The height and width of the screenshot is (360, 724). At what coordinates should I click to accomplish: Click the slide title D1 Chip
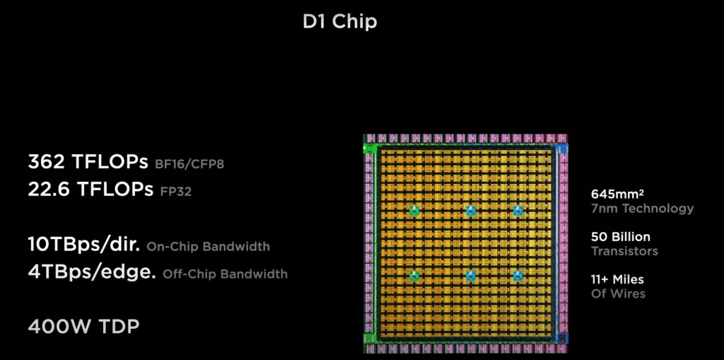pos(340,22)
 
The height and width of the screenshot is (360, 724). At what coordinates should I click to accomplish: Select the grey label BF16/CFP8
pos(189,164)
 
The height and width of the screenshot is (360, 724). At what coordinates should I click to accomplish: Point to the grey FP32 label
pos(175,192)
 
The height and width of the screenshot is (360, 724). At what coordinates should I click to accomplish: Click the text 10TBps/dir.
pos(84,245)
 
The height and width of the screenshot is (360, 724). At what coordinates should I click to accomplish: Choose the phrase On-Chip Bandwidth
pos(209,247)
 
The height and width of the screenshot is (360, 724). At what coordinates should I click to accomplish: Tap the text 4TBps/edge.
pos(92,272)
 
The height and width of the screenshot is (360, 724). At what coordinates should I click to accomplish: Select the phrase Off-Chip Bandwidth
pos(226,274)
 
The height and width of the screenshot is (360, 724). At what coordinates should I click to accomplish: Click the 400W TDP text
pos(83,327)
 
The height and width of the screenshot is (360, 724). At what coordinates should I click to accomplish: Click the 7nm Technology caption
pos(642,209)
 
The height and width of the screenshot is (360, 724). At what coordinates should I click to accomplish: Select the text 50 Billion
pos(621,237)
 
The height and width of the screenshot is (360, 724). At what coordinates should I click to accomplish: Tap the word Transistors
pos(624,251)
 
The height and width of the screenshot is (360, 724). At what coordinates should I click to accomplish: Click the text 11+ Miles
pos(617,279)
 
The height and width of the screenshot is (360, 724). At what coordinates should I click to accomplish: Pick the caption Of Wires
pos(618,294)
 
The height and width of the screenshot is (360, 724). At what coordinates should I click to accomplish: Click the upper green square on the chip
pos(414,211)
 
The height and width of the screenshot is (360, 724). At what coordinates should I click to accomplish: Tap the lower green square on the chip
pos(414,276)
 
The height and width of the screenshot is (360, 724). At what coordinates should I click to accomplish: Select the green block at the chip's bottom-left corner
pos(369,338)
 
